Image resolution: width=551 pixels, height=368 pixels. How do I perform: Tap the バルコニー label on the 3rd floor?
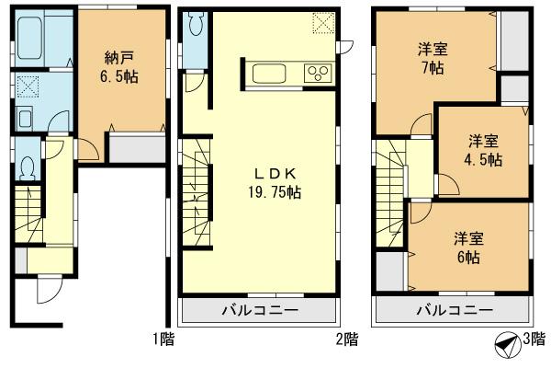[453, 310]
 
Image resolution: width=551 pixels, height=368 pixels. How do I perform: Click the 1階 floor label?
[163, 339]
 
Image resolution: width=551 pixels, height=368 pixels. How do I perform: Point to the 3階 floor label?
[533, 339]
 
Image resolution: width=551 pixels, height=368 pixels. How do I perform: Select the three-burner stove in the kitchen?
[319, 74]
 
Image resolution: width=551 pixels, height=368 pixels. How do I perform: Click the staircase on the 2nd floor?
[197, 192]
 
